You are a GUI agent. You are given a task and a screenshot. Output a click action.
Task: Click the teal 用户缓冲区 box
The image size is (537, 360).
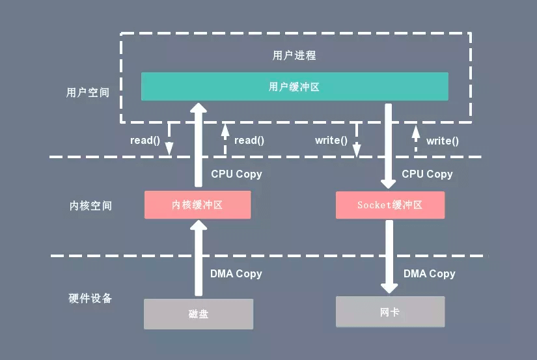(x=294, y=87)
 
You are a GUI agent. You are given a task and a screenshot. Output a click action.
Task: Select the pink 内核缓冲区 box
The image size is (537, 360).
(x=198, y=205)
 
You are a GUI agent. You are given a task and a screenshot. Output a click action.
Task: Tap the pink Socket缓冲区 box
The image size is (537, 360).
(x=390, y=205)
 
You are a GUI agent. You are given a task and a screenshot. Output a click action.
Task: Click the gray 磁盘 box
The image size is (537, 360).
(x=199, y=314)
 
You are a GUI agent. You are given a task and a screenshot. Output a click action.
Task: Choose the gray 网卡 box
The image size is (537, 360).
(x=390, y=312)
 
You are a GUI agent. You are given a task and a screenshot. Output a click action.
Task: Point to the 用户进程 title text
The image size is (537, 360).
(x=294, y=55)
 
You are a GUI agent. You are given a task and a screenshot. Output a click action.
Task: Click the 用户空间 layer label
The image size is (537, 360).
(x=88, y=92)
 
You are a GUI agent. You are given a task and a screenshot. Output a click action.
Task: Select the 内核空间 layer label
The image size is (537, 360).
(x=90, y=206)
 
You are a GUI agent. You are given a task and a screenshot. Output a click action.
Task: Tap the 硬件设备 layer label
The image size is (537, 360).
(x=90, y=298)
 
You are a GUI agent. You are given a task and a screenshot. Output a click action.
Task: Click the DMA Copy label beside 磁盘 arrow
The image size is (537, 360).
(x=236, y=273)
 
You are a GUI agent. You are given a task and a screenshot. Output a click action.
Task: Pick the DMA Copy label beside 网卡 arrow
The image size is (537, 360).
(x=429, y=273)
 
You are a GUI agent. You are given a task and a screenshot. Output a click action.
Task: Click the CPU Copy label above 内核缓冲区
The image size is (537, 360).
(x=236, y=174)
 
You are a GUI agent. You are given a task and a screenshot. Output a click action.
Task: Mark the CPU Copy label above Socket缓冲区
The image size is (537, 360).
(x=427, y=174)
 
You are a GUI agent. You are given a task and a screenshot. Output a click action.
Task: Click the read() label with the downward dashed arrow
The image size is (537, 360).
(x=145, y=140)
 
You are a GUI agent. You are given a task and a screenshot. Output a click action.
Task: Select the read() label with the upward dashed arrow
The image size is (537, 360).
(x=249, y=140)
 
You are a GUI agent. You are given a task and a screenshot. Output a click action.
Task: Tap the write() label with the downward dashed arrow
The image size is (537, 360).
(x=331, y=140)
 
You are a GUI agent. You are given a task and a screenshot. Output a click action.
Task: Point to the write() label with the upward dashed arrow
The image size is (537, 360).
(x=442, y=141)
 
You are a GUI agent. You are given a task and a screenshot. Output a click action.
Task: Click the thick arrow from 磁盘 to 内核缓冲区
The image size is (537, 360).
(x=199, y=258)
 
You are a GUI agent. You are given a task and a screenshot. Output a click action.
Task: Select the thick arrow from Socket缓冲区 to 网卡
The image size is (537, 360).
(x=389, y=256)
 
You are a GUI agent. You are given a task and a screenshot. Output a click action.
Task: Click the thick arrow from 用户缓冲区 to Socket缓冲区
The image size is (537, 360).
(x=389, y=146)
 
